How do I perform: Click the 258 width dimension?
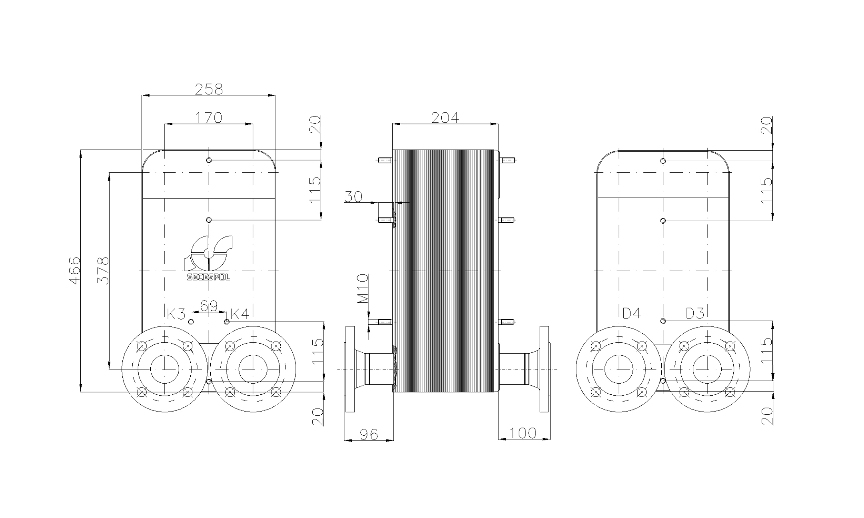point(208,89)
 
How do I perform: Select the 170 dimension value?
point(208,118)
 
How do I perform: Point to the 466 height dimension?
point(75,271)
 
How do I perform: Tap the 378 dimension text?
point(103,271)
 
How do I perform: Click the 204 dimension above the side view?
point(445,118)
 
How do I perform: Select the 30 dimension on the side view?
point(353,197)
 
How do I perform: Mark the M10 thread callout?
point(363,289)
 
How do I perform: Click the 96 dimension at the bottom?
point(369,434)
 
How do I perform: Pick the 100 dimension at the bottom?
point(523,433)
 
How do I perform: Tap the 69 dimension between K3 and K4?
point(208,306)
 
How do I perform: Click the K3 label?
point(176,314)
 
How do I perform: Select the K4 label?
point(240,314)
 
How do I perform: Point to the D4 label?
point(632,314)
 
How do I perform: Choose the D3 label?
point(695,314)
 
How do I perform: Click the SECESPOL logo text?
point(209,277)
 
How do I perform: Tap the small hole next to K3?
point(191,322)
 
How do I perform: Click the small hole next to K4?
point(227,322)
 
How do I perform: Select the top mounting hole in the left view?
point(209,160)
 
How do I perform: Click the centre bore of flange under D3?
point(707,369)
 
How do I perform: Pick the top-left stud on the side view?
point(383,160)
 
